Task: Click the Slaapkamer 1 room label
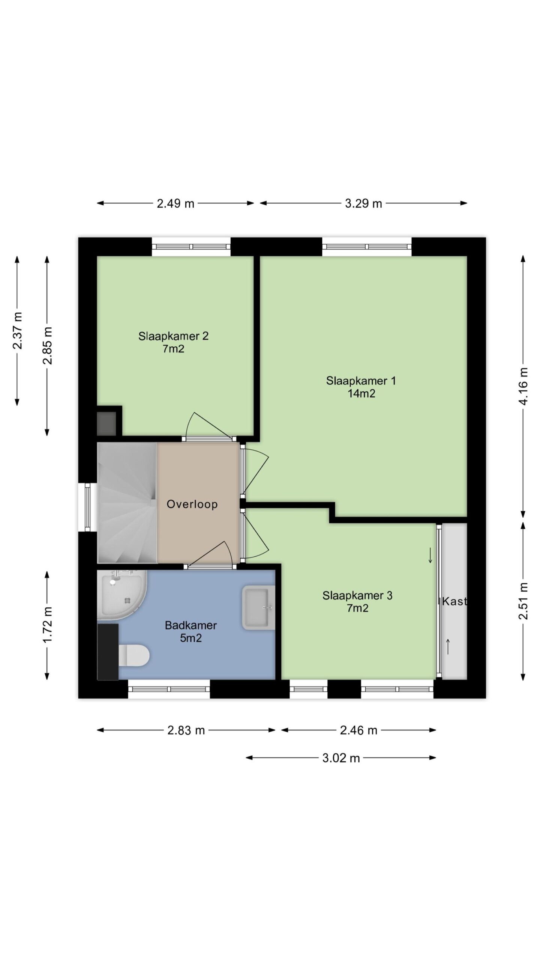tap(361, 381)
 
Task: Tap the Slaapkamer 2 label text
tap(173, 336)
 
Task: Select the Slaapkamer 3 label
tap(357, 595)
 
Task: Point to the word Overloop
tap(192, 504)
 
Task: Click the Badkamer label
tap(191, 625)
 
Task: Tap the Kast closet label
tap(454, 601)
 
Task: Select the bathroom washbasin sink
tap(258, 607)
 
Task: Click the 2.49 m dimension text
tap(175, 203)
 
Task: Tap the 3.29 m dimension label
tap(363, 203)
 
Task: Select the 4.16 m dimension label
tap(523, 386)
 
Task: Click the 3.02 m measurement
tap(341, 758)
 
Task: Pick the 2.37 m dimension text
tap(17, 331)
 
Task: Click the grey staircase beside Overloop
tap(127, 503)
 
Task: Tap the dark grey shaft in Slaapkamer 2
tap(106, 423)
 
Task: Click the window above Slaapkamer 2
tap(191, 247)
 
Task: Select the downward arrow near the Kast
tap(430, 555)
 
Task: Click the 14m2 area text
tap(361, 394)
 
